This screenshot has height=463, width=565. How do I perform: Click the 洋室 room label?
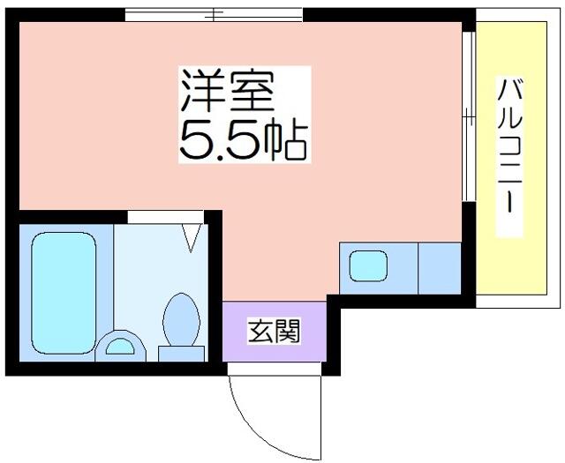pyautogui.click(x=228, y=91)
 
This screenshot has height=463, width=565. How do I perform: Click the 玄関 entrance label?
pyautogui.click(x=274, y=331)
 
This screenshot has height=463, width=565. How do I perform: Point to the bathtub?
pyautogui.click(x=64, y=293)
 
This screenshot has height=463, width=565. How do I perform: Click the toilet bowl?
pyautogui.click(x=181, y=319)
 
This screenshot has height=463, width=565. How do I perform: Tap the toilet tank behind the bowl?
pyautogui.click(x=181, y=354)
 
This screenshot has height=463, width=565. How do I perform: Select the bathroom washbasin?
pyautogui.click(x=120, y=347)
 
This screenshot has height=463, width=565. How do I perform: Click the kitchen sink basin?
pyautogui.click(x=368, y=265)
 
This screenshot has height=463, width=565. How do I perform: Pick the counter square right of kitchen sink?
pyautogui.click(x=440, y=268)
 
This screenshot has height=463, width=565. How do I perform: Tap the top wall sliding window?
pyautogui.click(x=214, y=15)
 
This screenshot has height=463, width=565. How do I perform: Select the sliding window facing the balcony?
pyautogui.click(x=469, y=116)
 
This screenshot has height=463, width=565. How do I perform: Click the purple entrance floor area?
pyautogui.click(x=275, y=332)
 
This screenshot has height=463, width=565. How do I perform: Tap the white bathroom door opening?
pyautogui.click(x=166, y=217)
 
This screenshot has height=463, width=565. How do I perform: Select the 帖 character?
pyautogui.click(x=286, y=141)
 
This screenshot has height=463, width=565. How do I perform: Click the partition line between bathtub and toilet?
pyautogui.click(x=114, y=277)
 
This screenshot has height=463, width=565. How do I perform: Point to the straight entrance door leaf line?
pyautogui.click(x=320, y=418)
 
